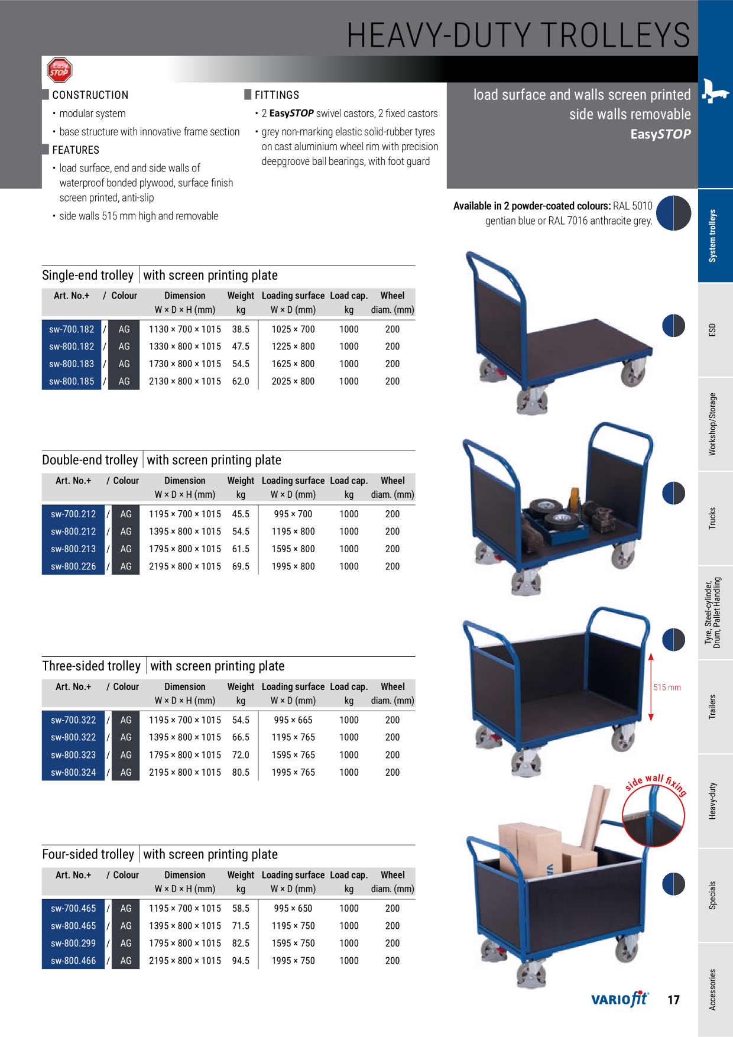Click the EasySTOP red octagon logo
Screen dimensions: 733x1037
(x=59, y=70)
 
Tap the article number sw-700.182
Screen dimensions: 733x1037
(x=72, y=329)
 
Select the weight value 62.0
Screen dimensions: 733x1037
(x=241, y=381)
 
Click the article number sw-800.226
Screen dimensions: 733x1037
(x=73, y=566)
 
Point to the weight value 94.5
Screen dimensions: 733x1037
(x=241, y=961)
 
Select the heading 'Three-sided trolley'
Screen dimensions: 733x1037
(x=91, y=666)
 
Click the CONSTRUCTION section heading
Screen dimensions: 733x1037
(x=90, y=95)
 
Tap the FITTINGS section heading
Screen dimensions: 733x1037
(x=277, y=95)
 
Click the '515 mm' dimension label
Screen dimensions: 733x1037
(x=667, y=688)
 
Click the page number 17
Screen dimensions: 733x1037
(x=673, y=1000)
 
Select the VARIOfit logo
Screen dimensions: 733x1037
(x=620, y=999)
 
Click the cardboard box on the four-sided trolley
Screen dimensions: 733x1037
(x=530, y=850)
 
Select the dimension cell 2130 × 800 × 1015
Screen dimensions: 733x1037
(x=185, y=381)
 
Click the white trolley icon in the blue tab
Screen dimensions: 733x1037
(x=715, y=90)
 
